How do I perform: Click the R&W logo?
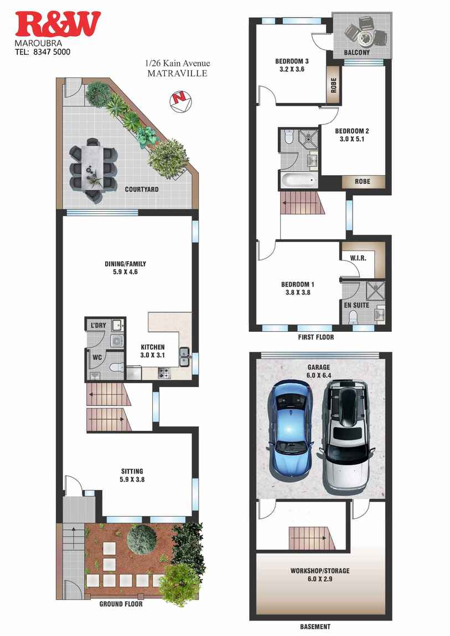coord(58,24)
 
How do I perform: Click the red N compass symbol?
coord(179,100)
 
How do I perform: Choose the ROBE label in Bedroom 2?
coord(363,181)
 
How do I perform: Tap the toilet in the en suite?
coord(353,317)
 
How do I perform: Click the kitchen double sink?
coord(184,356)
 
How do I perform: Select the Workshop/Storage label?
coord(320,571)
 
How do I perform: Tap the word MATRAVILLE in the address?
coord(177,73)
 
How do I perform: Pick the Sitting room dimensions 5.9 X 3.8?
coord(132,479)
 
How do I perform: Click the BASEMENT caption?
coord(315,627)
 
